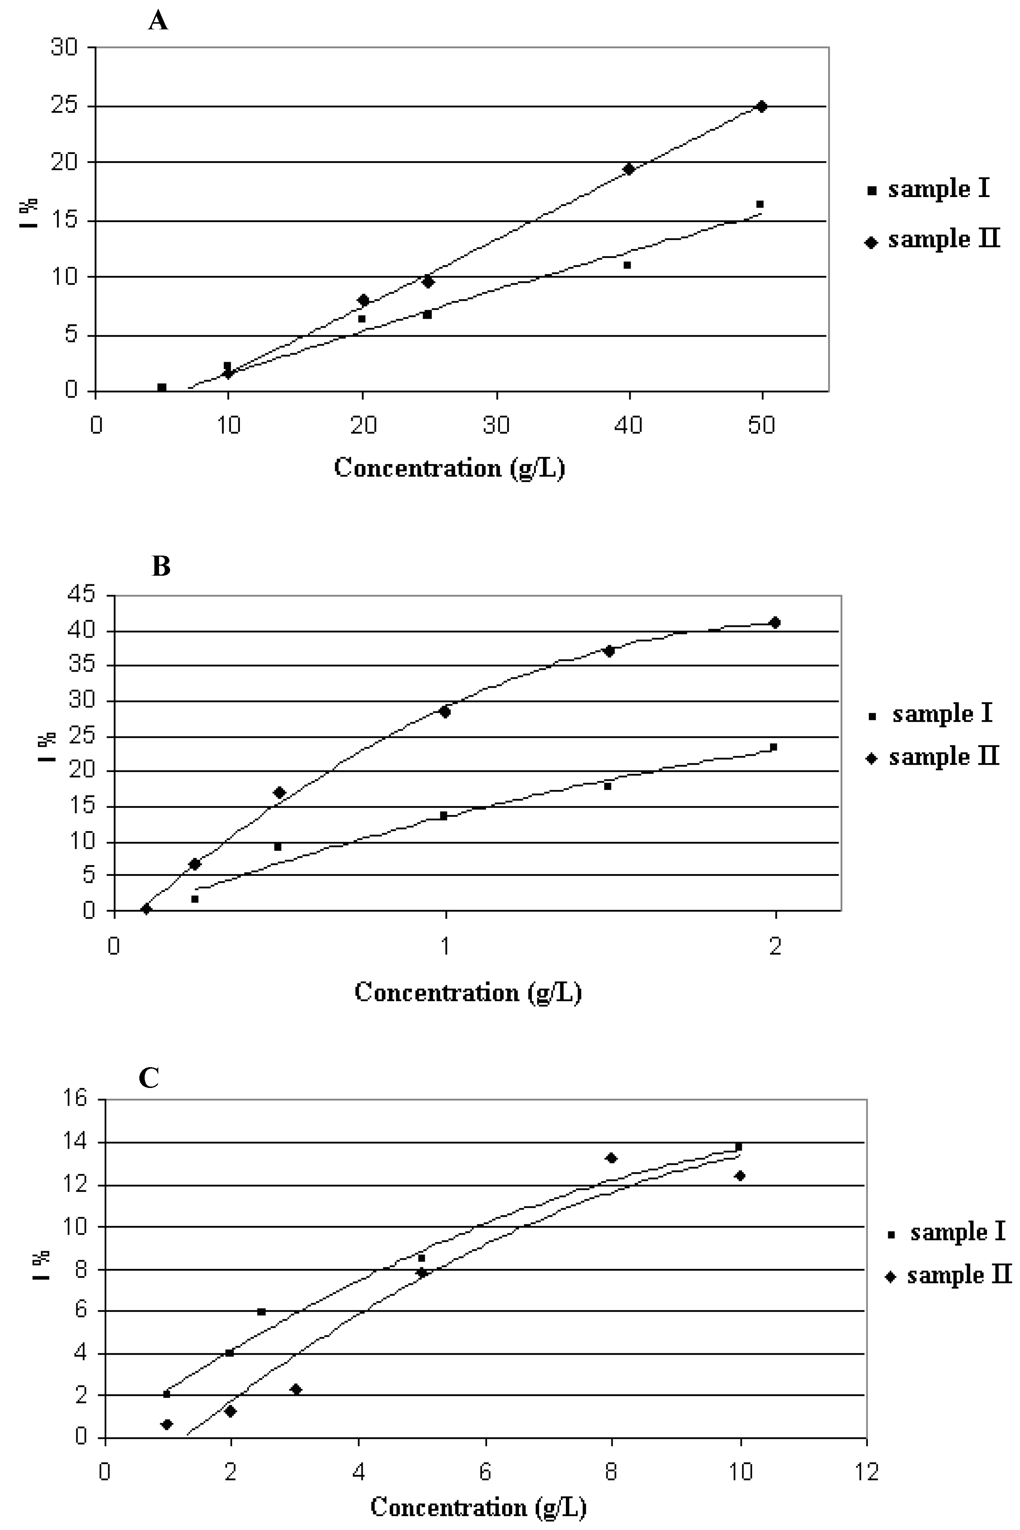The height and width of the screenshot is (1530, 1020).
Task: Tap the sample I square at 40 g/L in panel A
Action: click(x=627, y=265)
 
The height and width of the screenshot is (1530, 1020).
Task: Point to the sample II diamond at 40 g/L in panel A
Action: click(x=629, y=169)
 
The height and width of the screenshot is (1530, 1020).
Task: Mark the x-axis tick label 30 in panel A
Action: click(x=497, y=426)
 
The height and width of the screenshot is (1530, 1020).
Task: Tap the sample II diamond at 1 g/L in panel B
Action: click(x=445, y=712)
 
